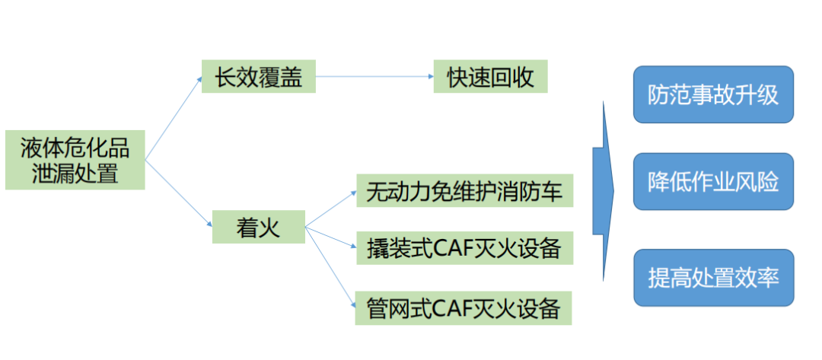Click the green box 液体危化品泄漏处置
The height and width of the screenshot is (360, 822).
point(75,160)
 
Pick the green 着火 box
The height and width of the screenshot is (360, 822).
point(258,228)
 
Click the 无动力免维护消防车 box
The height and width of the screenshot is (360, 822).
point(464,191)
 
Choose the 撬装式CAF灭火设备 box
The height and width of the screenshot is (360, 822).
point(464,249)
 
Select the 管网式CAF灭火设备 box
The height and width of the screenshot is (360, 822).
point(464,307)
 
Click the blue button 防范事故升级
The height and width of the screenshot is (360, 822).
point(713,94)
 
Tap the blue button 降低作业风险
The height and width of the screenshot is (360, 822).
point(713,182)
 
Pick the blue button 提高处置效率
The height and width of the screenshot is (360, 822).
point(713,278)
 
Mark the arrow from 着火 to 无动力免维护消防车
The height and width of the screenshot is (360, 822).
point(330,209)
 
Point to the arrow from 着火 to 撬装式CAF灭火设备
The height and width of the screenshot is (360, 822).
point(330,237)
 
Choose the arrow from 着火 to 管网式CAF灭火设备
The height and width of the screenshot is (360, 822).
point(330,266)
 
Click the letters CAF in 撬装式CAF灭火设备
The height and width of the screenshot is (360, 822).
point(455,249)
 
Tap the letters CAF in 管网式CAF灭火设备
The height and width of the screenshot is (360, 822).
point(455,307)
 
